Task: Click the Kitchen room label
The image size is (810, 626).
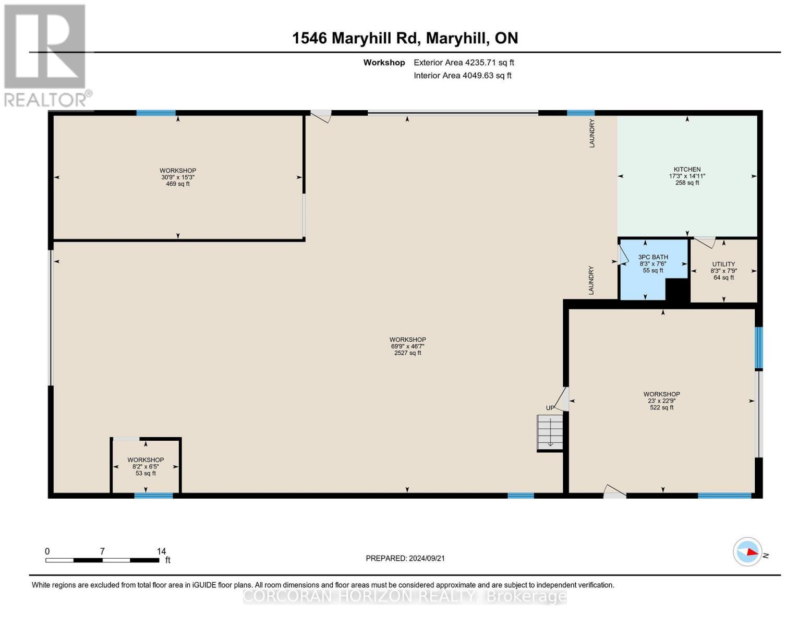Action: pyautogui.click(x=687, y=170)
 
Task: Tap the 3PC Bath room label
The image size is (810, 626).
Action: pyautogui.click(x=653, y=257)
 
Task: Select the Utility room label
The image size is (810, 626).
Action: pyautogui.click(x=723, y=264)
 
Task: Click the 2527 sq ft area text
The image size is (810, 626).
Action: pyautogui.click(x=407, y=353)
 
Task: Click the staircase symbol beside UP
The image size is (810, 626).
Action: pyautogui.click(x=550, y=432)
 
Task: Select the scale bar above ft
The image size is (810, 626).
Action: pyautogui.click(x=102, y=560)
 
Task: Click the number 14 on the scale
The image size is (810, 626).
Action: pyautogui.click(x=161, y=551)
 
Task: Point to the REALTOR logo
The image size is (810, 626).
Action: pyautogui.click(x=46, y=55)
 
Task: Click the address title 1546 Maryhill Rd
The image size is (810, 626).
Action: pyautogui.click(x=405, y=38)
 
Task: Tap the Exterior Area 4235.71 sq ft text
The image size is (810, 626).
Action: pyautogui.click(x=464, y=63)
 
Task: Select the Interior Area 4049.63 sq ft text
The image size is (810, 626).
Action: pyautogui.click(x=462, y=76)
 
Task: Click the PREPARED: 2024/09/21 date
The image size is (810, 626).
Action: pyautogui.click(x=405, y=558)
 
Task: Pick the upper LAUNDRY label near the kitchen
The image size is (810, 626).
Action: pyautogui.click(x=592, y=134)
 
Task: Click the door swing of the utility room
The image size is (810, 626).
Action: pyautogui.click(x=706, y=242)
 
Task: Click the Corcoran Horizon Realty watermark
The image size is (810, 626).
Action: pyautogui.click(x=405, y=596)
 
